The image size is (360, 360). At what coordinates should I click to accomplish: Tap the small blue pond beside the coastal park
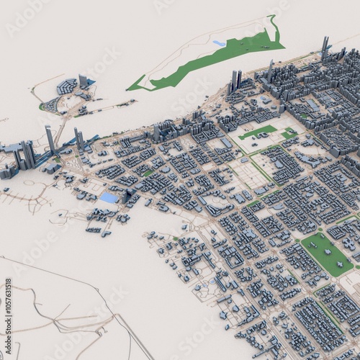coord(219,44)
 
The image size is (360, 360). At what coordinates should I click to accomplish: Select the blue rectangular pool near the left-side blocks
coord(109,197)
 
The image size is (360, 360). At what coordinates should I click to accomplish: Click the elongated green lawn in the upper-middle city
coord(258,132)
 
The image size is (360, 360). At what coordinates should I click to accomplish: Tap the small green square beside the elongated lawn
coord(289,132)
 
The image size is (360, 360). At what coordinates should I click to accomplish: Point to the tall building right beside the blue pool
coord(127,194)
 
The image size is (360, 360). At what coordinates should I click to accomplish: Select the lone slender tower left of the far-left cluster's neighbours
coord(50,138)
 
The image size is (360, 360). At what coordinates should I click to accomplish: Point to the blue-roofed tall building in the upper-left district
coord(84,81)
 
